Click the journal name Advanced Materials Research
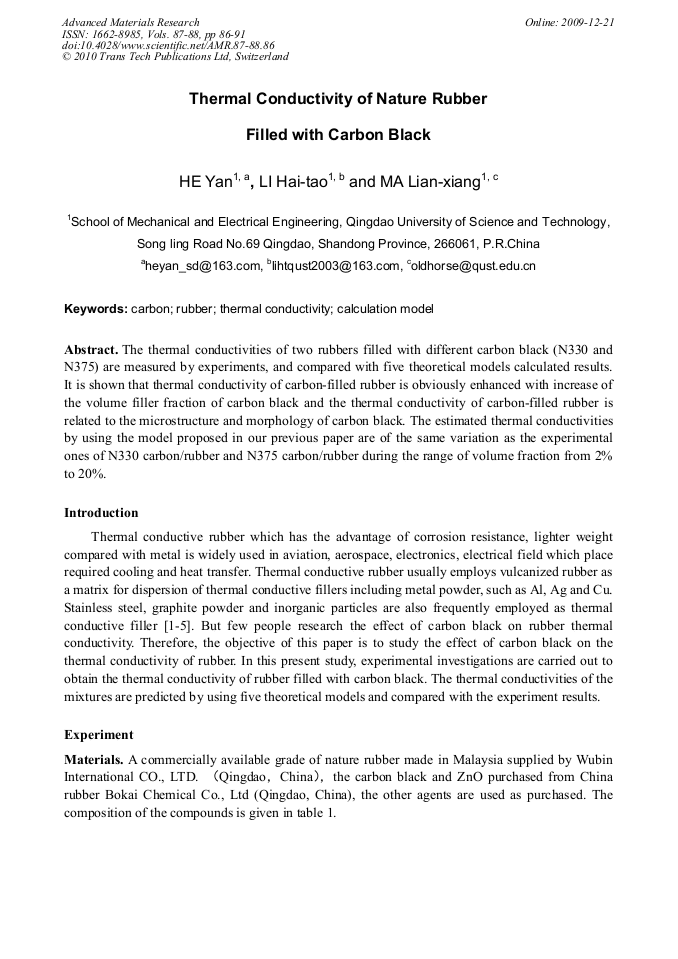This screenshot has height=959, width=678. (130, 22)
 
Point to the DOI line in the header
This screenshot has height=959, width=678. (168, 45)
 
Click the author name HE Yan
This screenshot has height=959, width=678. (204, 183)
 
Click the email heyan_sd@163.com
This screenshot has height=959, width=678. (202, 266)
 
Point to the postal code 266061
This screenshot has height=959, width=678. (450, 244)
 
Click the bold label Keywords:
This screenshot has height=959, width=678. (96, 310)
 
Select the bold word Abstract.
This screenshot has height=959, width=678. (91, 350)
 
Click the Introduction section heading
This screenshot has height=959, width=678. (101, 513)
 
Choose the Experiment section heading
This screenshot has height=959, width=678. (98, 735)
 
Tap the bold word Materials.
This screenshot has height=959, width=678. (94, 760)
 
